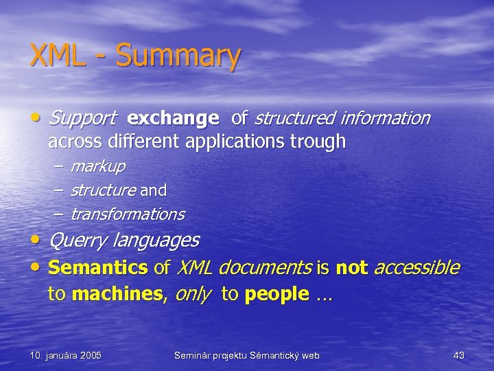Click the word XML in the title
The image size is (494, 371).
point(58,56)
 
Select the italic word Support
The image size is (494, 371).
point(82,120)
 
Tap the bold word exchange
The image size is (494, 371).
point(173,120)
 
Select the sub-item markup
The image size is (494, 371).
point(97,166)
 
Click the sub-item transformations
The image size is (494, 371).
point(128,214)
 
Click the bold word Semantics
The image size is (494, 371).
point(98,267)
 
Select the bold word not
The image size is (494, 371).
point(351,267)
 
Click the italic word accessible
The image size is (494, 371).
point(416,267)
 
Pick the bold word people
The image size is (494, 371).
point(277,295)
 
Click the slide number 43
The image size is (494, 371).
point(459,355)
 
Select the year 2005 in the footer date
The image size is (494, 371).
point(89,355)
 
